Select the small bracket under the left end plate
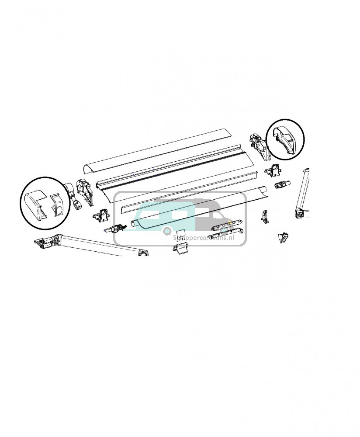[x=101, y=215]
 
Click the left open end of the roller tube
[x=135, y=225]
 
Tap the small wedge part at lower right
[x=283, y=237]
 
